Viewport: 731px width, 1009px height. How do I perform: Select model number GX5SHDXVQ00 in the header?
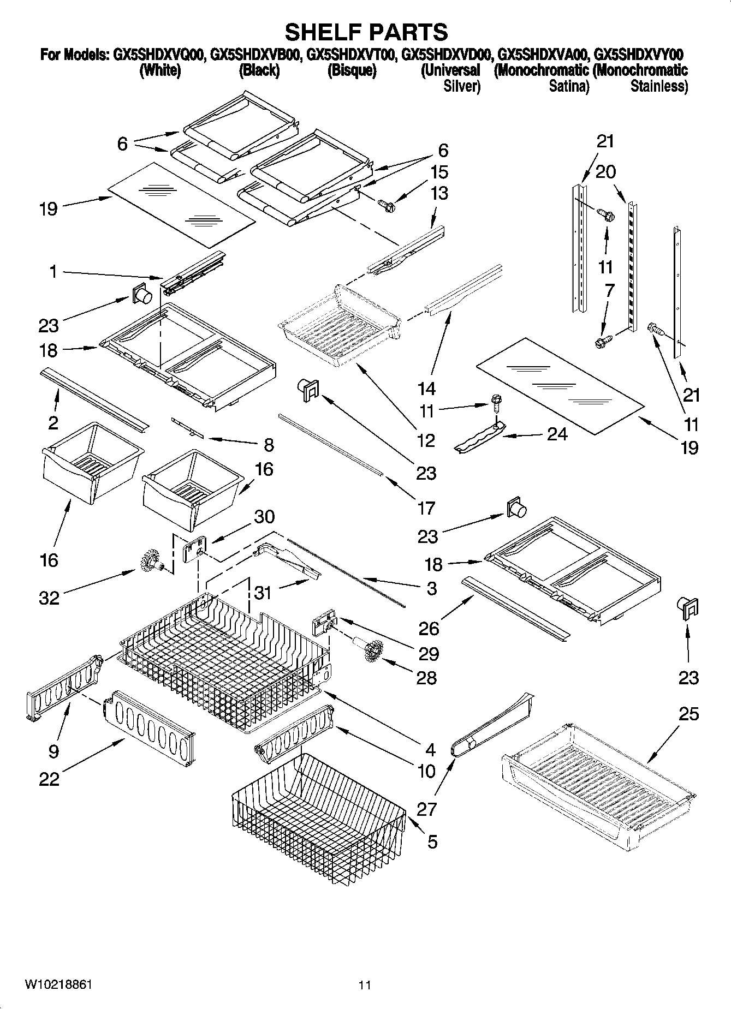tap(159, 55)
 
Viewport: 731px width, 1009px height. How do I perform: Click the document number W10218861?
tap(58, 984)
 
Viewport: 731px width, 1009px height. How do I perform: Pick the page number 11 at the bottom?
tap(365, 985)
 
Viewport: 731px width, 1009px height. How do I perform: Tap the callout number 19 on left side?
tap(48, 208)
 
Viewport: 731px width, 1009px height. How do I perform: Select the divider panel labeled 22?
tap(148, 722)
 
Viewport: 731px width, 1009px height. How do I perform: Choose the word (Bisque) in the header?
tap(351, 71)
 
